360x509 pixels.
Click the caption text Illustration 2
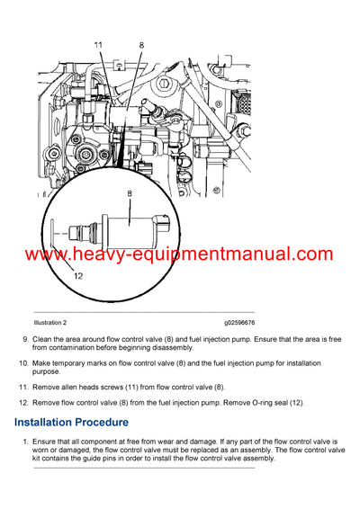coord(56,322)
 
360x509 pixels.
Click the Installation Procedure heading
coord(71,422)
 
